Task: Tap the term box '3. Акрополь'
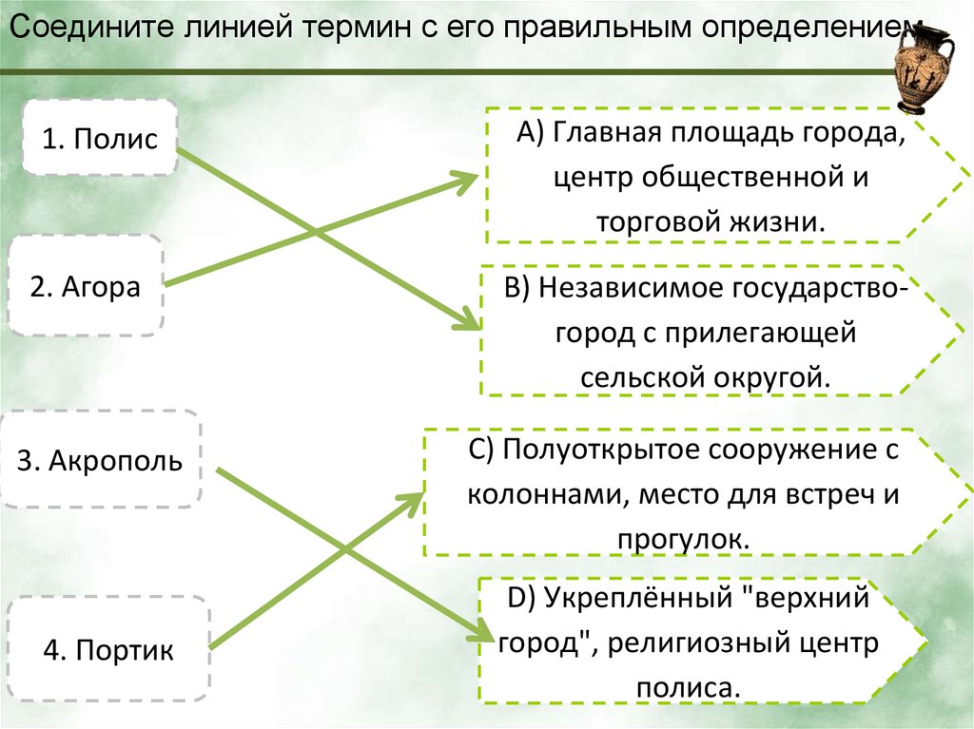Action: click(100, 460)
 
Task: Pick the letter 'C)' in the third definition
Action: click(480, 449)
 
